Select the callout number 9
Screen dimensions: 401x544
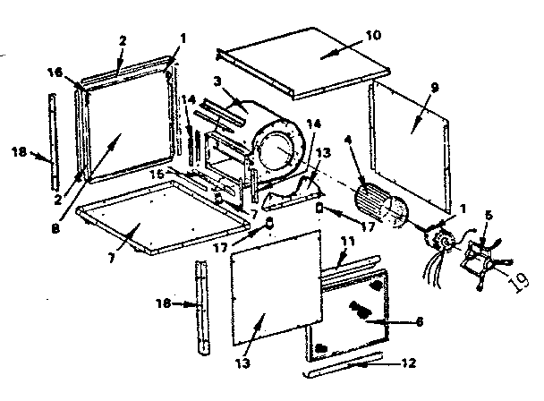(x=435, y=90)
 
